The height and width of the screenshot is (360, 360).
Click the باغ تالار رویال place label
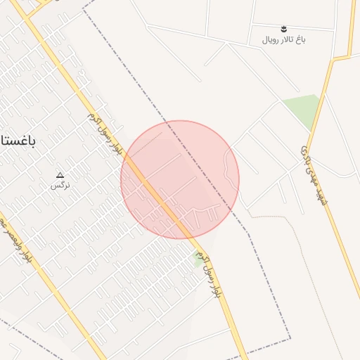click(x=285, y=39)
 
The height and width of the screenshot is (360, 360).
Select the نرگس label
click(x=60, y=186)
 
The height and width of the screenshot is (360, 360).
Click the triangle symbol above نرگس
click(x=60, y=175)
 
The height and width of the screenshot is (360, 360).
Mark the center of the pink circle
click(x=180, y=179)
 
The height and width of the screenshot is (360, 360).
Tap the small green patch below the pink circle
click(x=198, y=258)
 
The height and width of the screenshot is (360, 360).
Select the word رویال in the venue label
click(x=272, y=39)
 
